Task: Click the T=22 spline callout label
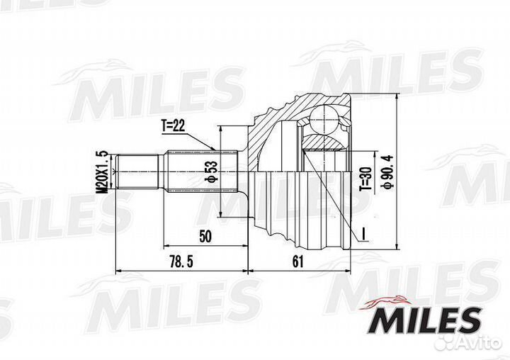[173, 125]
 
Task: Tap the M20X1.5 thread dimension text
[103, 172]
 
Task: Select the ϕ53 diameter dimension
[212, 171]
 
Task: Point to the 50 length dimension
[205, 236]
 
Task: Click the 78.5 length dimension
[181, 261]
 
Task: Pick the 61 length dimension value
[297, 261]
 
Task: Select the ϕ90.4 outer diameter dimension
[388, 171]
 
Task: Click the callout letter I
[364, 235]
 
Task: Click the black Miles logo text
[424, 320]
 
